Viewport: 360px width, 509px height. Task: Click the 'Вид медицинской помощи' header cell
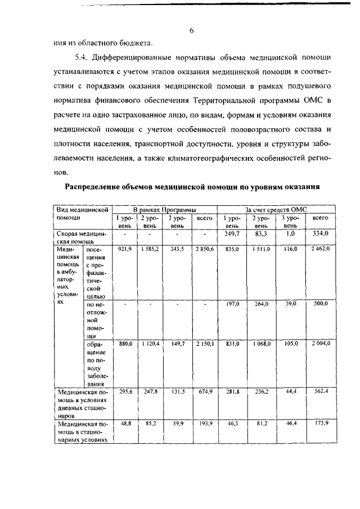tap(82, 213)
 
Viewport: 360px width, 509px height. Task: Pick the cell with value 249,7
tap(232, 233)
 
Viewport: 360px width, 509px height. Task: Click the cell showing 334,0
tap(320, 233)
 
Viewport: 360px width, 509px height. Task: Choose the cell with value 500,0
tap(320, 304)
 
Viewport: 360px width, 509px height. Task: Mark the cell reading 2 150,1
tap(204, 343)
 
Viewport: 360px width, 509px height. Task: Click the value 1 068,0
tap(262, 343)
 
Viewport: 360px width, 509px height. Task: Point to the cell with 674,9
tap(204, 391)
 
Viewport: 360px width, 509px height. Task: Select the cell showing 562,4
tap(320, 391)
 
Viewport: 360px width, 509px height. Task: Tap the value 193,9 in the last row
tap(204, 423)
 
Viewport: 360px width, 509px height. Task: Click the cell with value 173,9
tap(320, 423)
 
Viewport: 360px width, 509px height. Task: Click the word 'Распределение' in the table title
tap(100, 186)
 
